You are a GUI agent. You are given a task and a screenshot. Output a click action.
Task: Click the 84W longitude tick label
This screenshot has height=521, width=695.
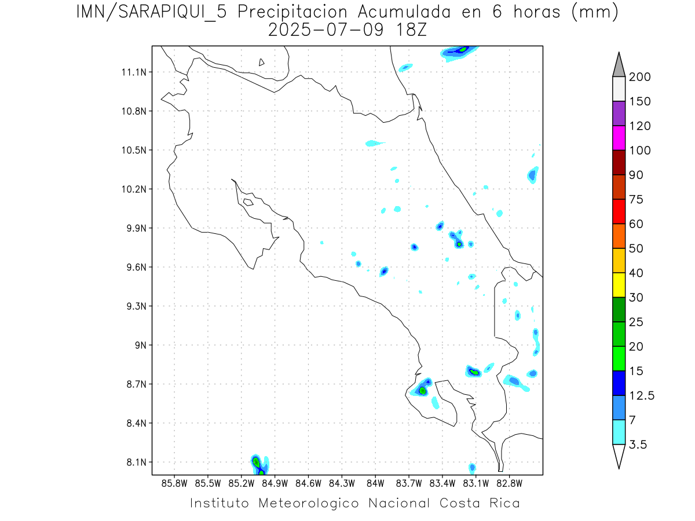(375, 483)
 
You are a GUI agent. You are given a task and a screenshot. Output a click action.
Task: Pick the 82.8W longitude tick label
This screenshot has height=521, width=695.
(509, 483)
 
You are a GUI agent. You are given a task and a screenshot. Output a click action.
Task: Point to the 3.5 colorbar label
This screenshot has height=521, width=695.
(638, 445)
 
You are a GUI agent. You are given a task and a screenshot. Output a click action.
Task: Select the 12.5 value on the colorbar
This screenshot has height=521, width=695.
(640, 395)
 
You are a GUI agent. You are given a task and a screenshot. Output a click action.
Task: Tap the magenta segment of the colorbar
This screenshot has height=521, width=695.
(619, 138)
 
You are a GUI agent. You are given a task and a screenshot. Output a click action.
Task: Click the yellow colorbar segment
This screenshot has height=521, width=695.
(619, 285)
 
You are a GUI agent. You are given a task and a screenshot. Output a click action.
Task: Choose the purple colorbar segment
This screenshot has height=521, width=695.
(619, 113)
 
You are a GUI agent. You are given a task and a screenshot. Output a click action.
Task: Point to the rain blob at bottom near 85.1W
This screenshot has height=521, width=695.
(258, 464)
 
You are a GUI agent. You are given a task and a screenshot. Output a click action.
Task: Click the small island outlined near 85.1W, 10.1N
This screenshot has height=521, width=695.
(248, 202)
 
